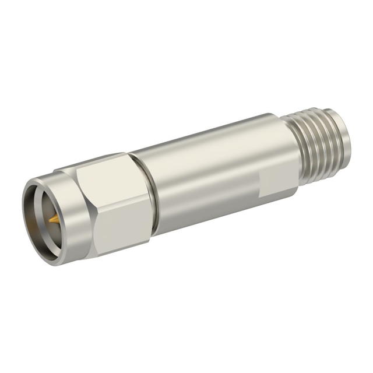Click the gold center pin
coord(52,220)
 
